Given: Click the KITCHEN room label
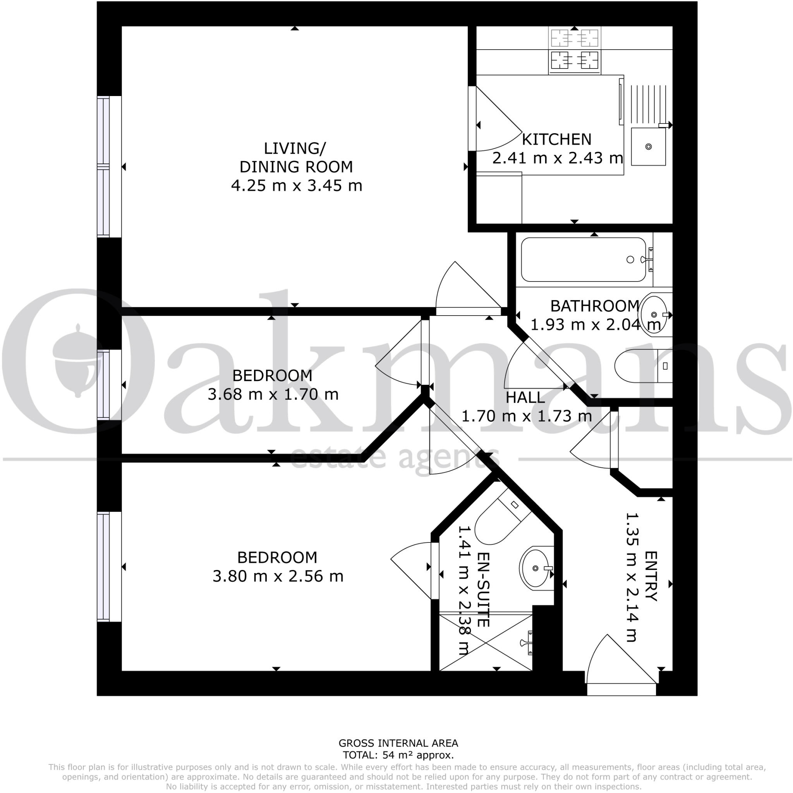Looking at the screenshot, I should [x=556, y=139].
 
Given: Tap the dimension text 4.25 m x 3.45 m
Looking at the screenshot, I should [x=296, y=185].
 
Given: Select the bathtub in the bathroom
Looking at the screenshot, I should [x=583, y=259].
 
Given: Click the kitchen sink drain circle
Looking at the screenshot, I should [x=649, y=146].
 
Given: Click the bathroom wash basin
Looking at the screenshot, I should [x=656, y=314].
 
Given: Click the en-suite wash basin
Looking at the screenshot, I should [x=535, y=568].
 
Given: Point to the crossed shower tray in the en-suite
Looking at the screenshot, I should [x=485, y=643].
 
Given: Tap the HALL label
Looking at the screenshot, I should [x=525, y=397].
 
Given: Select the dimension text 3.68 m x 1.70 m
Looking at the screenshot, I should [x=273, y=395].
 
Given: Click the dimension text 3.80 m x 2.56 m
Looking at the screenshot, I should [x=278, y=576].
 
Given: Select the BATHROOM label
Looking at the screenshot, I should [x=594, y=306].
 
